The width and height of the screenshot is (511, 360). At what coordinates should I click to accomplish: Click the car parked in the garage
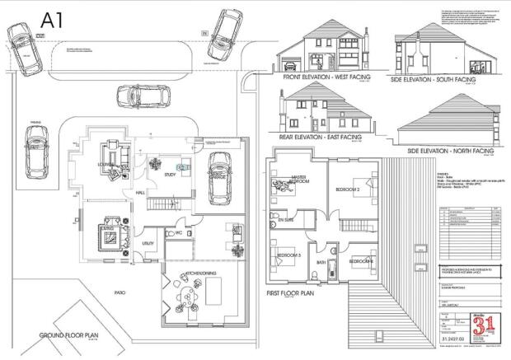click(219, 176)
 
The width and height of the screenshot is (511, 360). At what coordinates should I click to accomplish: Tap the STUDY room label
click(171, 174)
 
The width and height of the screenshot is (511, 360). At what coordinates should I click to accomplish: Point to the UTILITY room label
click(149, 244)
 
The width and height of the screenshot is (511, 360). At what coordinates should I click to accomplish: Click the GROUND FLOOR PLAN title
click(70, 336)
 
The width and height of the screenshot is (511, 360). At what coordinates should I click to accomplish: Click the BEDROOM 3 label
click(289, 256)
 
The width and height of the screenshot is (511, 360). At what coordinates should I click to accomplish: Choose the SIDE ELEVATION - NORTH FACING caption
click(451, 152)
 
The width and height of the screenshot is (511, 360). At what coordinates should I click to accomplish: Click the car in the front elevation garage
click(289, 63)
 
